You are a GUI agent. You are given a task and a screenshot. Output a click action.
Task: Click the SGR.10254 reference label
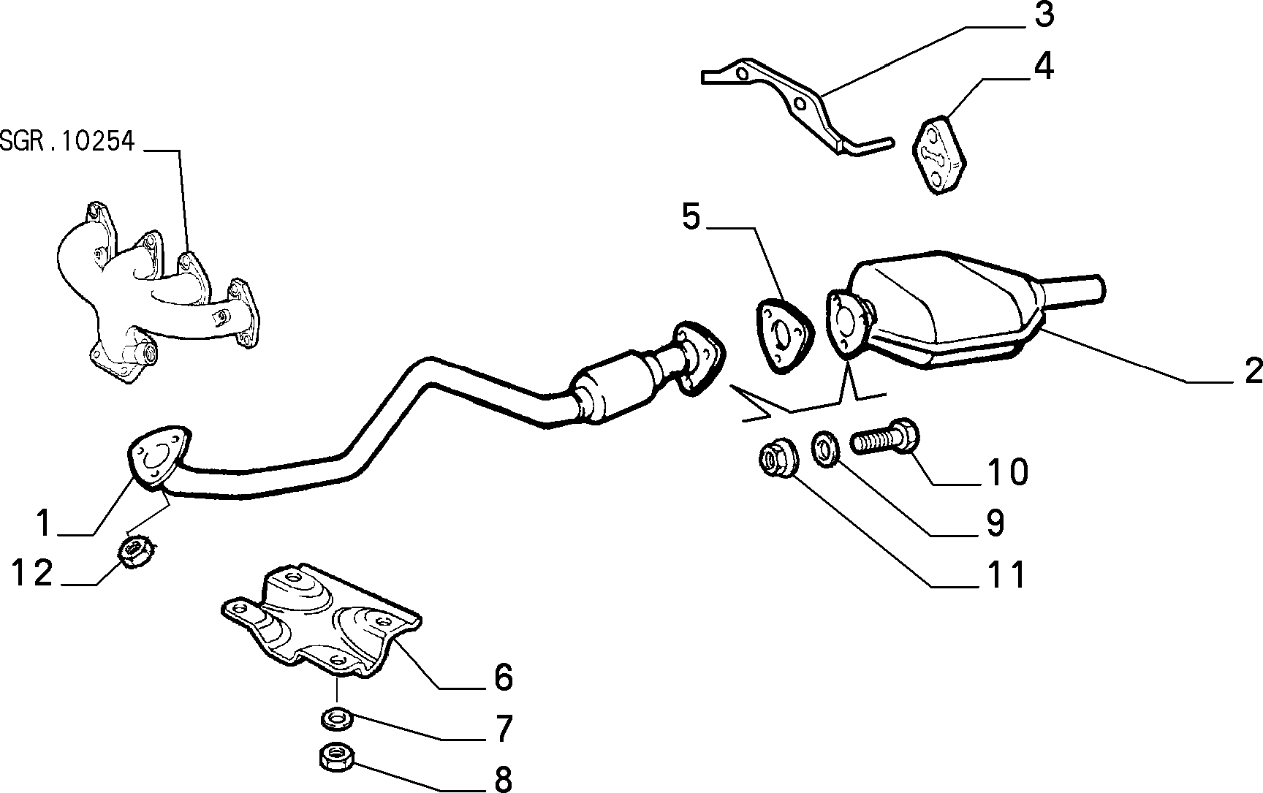tap(67, 141)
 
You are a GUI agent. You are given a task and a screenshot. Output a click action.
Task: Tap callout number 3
tap(1044, 15)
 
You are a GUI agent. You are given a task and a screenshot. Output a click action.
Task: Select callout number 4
tap(1044, 67)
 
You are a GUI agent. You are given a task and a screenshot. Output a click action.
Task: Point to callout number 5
tap(691, 216)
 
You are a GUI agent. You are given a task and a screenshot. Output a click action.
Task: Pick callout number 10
tap(1008, 472)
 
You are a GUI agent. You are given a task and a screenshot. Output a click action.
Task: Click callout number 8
tap(503, 779)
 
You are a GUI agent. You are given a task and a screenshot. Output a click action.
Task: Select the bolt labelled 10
tap(885, 436)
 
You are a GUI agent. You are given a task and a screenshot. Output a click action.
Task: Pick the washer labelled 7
tap(337, 719)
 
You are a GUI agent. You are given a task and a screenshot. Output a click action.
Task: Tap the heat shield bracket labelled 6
tap(322, 621)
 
